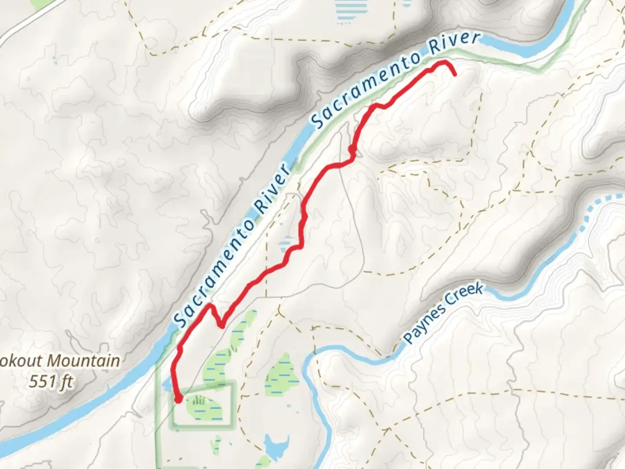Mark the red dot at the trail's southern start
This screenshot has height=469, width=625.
tap(178, 399)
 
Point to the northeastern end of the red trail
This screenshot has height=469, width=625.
tap(455, 75)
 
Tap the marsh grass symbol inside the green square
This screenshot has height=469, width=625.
tap(198, 401)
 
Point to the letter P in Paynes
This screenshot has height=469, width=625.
tap(408, 338)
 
